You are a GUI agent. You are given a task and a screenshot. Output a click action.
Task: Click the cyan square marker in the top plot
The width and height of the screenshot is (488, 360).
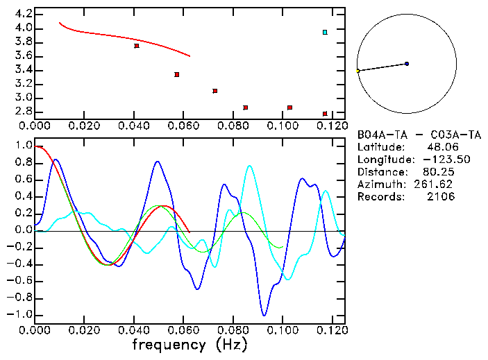325,32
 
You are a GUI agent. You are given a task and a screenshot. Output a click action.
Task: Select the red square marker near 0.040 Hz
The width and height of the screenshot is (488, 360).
137,46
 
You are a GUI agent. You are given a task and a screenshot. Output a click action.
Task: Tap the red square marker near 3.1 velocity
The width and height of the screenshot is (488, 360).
215,91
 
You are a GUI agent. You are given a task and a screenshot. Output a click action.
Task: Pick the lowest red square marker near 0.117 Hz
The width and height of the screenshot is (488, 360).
325,114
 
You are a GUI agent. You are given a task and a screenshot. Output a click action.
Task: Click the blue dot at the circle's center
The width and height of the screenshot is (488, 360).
407,64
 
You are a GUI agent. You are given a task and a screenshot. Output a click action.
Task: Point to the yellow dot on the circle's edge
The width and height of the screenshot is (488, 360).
357,71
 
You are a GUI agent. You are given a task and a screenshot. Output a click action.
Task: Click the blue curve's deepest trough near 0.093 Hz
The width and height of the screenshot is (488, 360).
264,315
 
